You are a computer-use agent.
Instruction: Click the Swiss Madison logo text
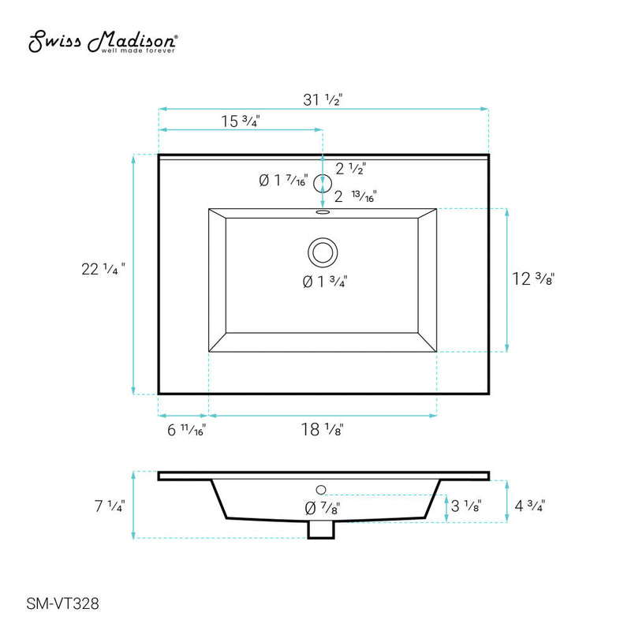click(x=103, y=43)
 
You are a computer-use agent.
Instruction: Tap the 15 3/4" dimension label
click(x=241, y=121)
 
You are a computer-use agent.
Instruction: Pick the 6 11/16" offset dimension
click(x=186, y=430)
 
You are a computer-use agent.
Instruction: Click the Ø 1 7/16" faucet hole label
click(x=282, y=181)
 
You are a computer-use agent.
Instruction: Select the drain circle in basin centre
click(x=322, y=253)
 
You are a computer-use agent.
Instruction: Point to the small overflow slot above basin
click(x=322, y=211)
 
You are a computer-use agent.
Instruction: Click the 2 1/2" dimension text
click(x=351, y=168)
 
